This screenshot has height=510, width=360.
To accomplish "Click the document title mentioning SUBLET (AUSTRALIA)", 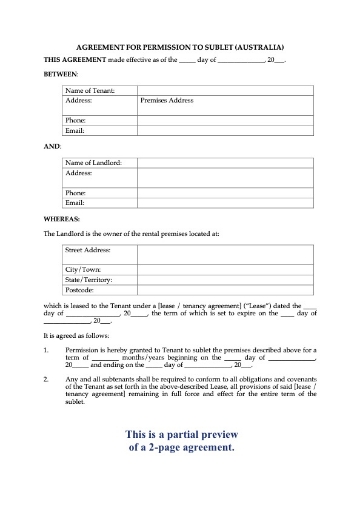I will (x=180, y=47).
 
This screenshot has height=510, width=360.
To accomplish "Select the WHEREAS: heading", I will (x=62, y=216).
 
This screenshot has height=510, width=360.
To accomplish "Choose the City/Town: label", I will (x=85, y=270).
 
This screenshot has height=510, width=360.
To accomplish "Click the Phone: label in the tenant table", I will (x=76, y=120).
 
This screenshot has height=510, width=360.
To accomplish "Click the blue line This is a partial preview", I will (x=180, y=435).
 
